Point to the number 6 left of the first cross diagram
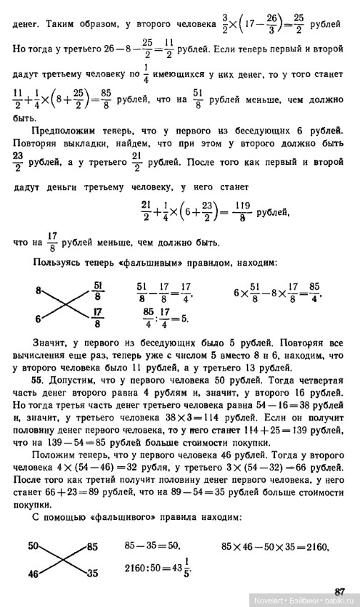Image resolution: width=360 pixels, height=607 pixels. (38, 319)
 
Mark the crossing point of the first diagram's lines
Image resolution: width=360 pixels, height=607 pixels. (65, 305)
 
